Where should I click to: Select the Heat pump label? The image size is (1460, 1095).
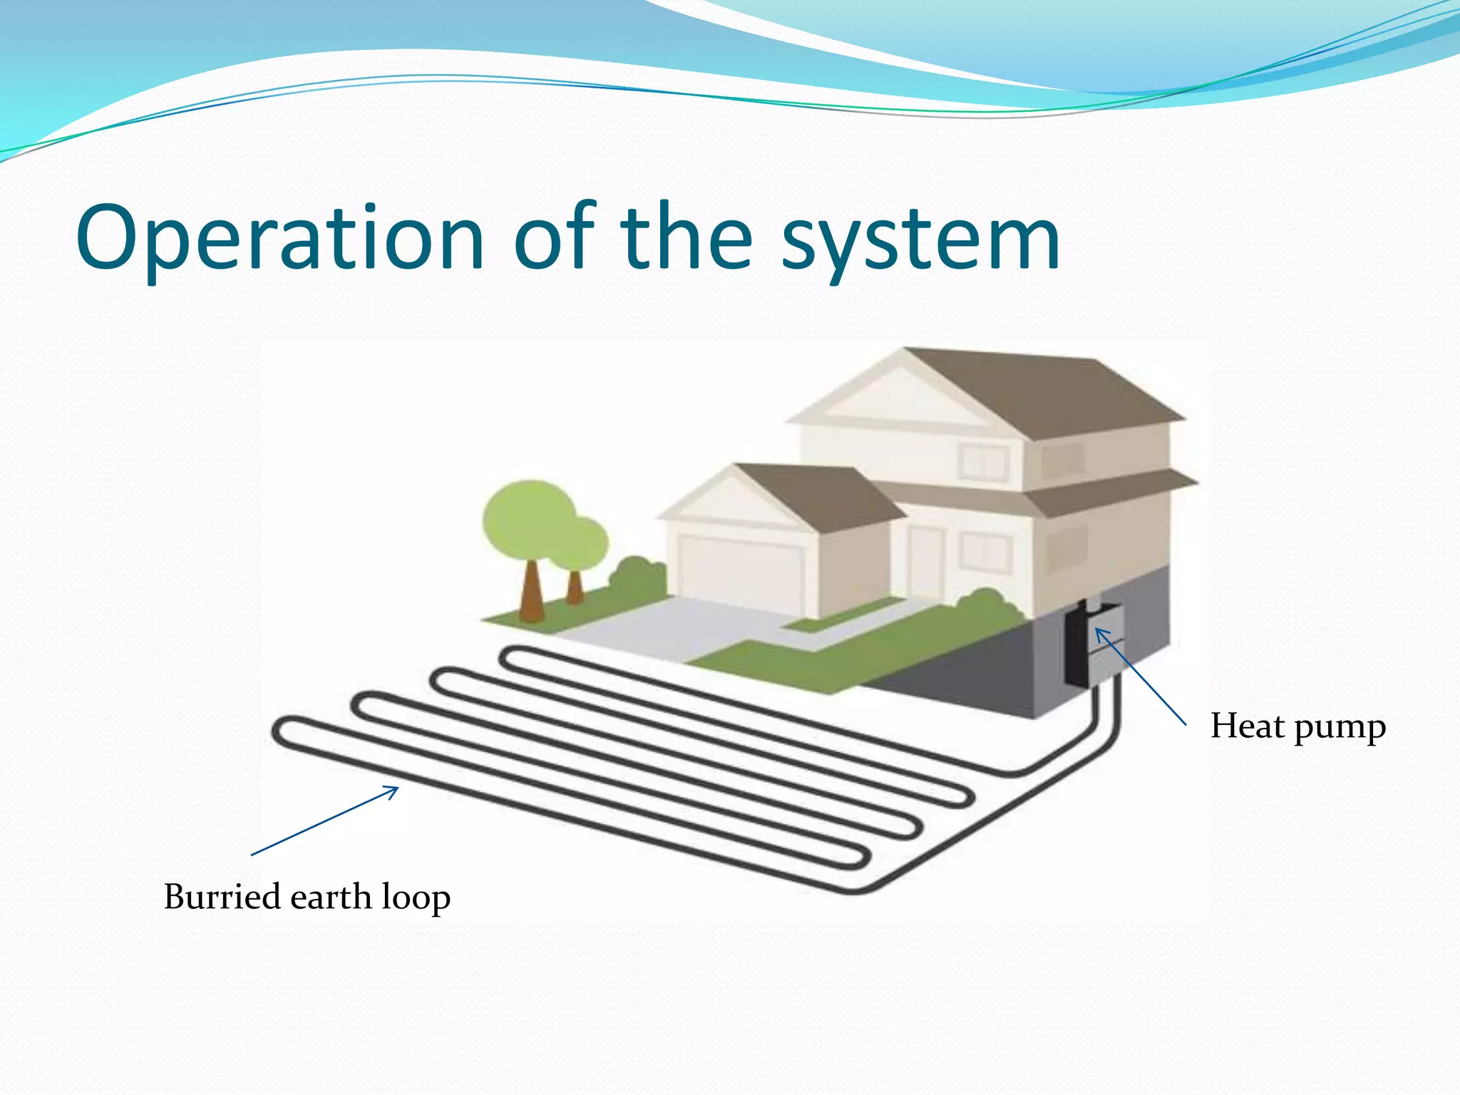[1297, 727]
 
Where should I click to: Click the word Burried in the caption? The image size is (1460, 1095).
[222, 896]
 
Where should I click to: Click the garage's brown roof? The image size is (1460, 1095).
[820, 499]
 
